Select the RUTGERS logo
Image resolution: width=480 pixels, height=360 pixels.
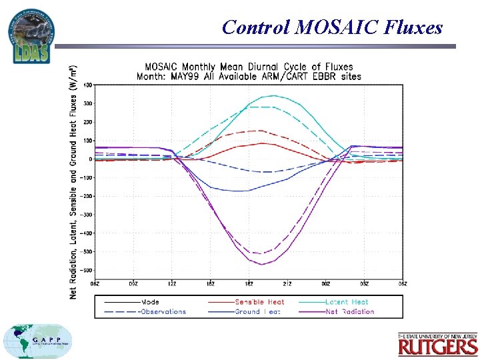pos(438,345)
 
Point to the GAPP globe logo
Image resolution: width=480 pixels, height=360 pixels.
pos(37,341)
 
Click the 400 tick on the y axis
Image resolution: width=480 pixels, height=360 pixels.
pos(88,85)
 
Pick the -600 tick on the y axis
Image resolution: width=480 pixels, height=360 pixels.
pos(87,271)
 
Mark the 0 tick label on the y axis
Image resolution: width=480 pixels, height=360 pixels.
pos(91,159)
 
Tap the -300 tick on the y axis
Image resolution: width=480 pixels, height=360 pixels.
pos(87,215)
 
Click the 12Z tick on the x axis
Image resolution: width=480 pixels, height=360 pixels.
pos(173,285)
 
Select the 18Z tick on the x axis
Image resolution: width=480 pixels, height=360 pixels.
pos(249,285)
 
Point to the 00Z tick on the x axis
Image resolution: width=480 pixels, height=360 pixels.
pos(326,285)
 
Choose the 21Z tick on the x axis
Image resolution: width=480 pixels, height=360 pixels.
pos(287,285)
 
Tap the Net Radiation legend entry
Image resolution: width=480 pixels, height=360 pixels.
pos(349,311)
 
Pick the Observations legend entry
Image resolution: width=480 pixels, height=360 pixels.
pos(164,311)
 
